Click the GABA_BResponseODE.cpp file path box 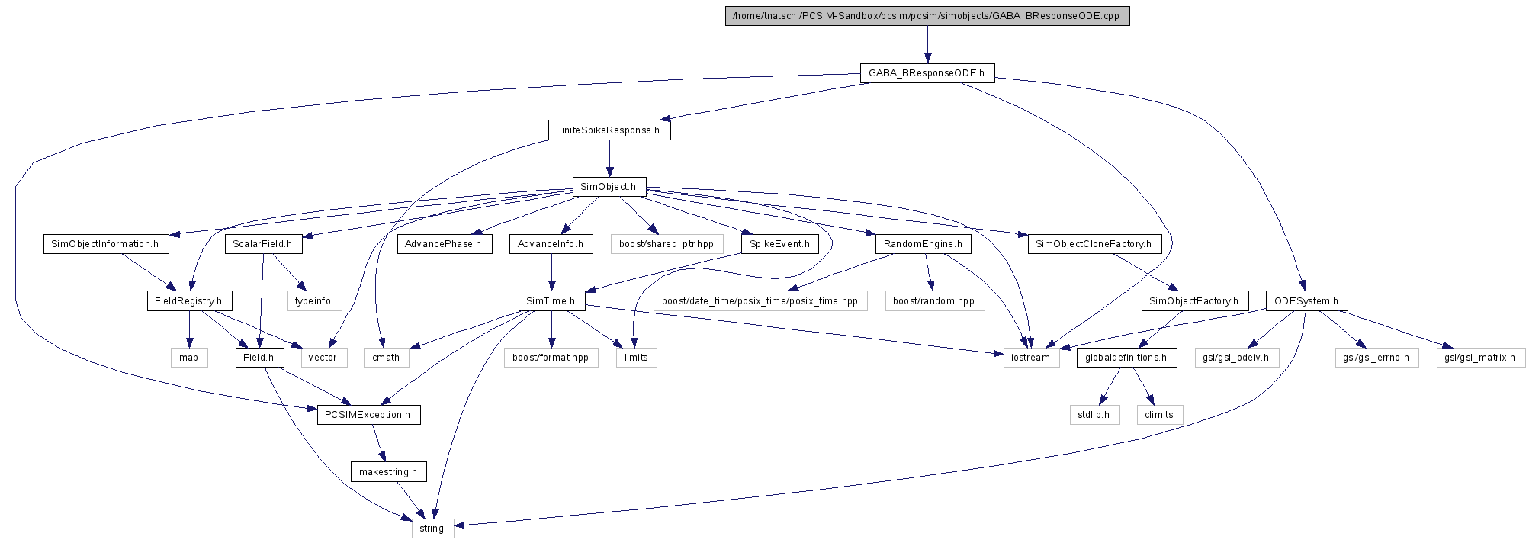tap(927, 16)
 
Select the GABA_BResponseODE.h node tap(927, 73)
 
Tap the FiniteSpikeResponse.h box tap(609, 130)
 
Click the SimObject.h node tap(609, 187)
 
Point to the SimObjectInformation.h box tap(105, 244)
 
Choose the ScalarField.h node tap(263, 244)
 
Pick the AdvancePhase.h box tap(444, 244)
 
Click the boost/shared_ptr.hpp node tap(667, 244)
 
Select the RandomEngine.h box tap(923, 244)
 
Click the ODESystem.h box tap(1306, 300)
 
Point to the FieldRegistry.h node tap(188, 300)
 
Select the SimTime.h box tap(551, 300)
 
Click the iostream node tap(1031, 358)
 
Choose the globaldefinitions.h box tap(1126, 358)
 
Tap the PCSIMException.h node tap(368, 415)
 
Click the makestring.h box tap(388, 472)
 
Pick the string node tap(432, 529)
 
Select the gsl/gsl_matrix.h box tap(1481, 358)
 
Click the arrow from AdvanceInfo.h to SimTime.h tap(551, 272)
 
